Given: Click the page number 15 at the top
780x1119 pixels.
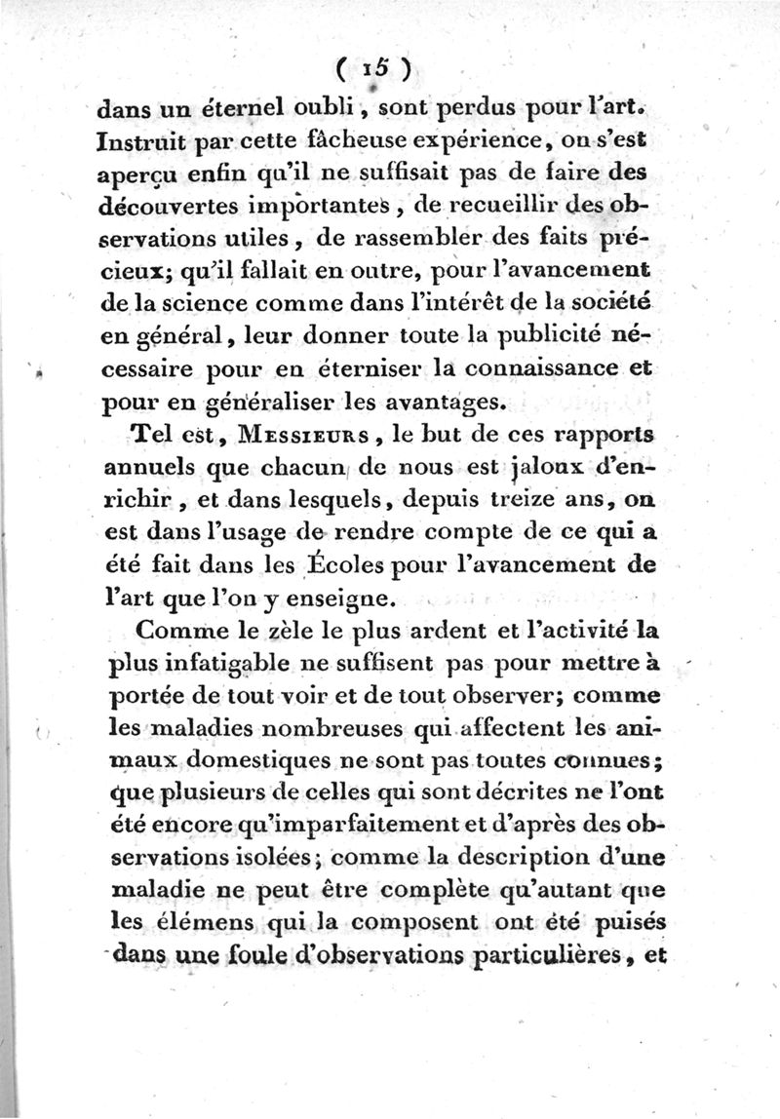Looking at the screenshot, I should coord(374,68).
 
